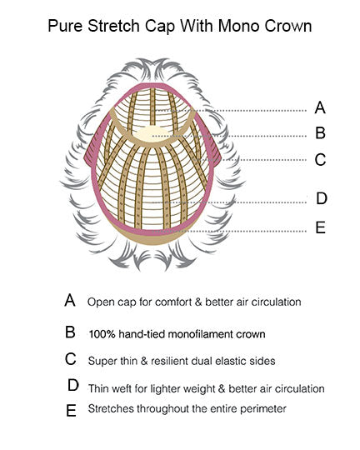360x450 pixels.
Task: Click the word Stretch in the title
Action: point(114,26)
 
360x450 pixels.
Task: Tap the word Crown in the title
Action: point(288,26)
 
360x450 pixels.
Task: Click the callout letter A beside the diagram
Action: point(320,107)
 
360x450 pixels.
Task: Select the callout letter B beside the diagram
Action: point(320,132)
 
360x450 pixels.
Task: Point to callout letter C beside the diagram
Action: point(320,159)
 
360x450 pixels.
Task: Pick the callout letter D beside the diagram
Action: point(322,198)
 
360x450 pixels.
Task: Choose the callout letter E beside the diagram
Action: point(320,227)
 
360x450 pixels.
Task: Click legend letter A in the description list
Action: point(70,301)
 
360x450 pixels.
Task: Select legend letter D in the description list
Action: point(73,385)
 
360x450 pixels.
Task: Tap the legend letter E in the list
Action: point(71,410)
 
